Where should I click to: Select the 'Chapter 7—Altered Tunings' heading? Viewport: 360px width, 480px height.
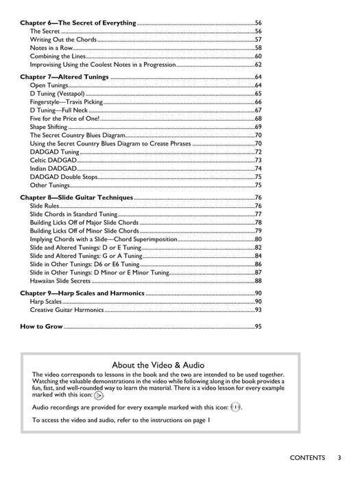[x=64, y=77]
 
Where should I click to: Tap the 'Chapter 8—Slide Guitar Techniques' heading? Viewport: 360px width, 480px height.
[x=77, y=197]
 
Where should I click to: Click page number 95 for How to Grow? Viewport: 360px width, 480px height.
[x=259, y=326]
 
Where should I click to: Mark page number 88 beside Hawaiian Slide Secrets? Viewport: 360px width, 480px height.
[x=259, y=280]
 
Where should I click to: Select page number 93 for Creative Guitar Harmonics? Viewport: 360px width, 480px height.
[x=259, y=309]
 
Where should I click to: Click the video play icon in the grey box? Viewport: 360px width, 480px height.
[x=99, y=395]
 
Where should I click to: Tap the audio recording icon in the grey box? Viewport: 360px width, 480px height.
[x=235, y=407]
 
